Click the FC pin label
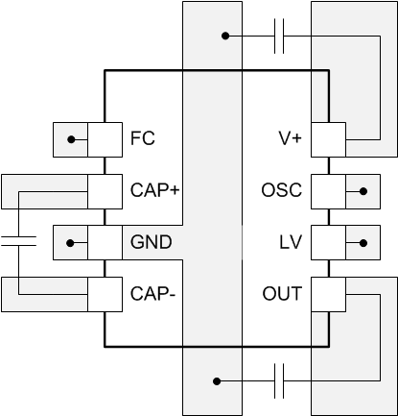pos(142,139)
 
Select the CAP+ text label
pos(155,190)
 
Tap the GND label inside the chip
pos(151,242)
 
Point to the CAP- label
pos(152,293)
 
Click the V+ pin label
pos(290,139)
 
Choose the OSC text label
pos(282,190)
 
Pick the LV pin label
pos(291,242)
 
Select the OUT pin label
pos(283,293)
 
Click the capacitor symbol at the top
pos(278,37)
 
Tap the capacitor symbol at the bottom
pos(278,380)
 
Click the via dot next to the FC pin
pos(70,139)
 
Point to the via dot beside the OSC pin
pos(362,190)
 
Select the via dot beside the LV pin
pos(362,242)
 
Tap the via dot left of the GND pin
pos(70,242)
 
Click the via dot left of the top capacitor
pos(224,37)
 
